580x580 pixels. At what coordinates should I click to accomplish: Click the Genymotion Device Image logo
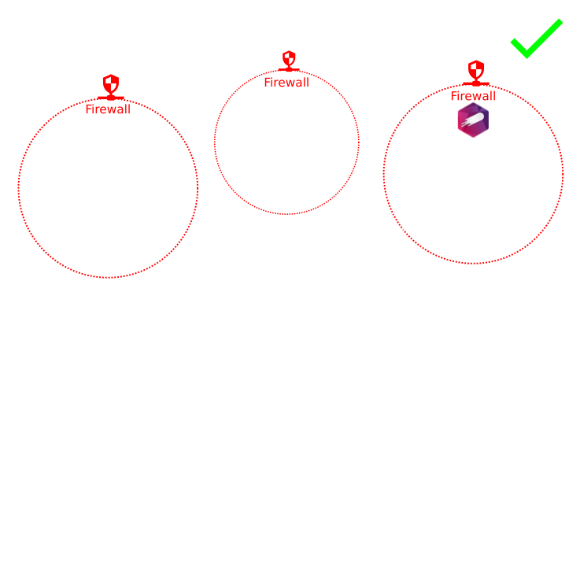(473, 120)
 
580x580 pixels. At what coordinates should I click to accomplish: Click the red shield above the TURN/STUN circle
(289, 61)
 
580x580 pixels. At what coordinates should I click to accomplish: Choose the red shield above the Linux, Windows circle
(110, 85)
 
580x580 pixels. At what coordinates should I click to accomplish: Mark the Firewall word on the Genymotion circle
(473, 96)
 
